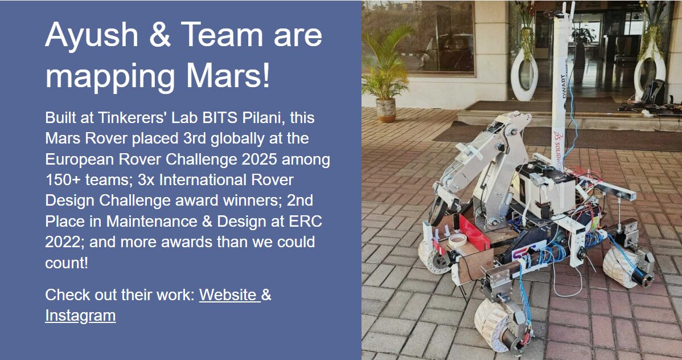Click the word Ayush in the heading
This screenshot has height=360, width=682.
[x=92, y=35]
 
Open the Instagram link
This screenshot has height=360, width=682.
[x=80, y=315]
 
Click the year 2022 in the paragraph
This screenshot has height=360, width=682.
[x=63, y=242]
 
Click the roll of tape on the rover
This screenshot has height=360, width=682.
[x=457, y=239]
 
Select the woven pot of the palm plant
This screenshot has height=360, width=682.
[x=386, y=110]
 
